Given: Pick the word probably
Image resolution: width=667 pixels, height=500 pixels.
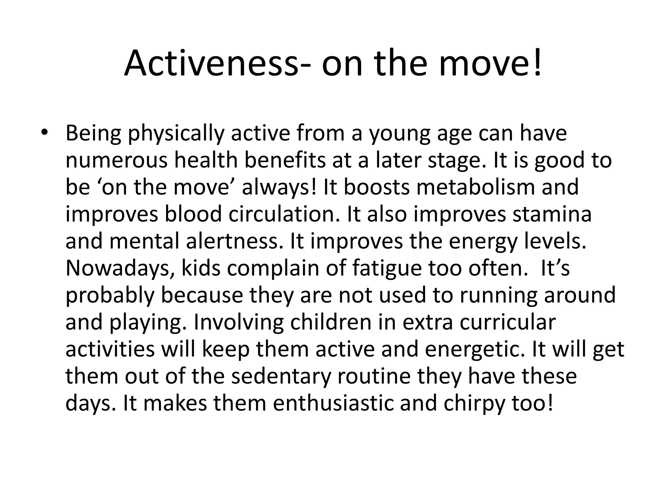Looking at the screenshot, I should click(110, 296).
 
